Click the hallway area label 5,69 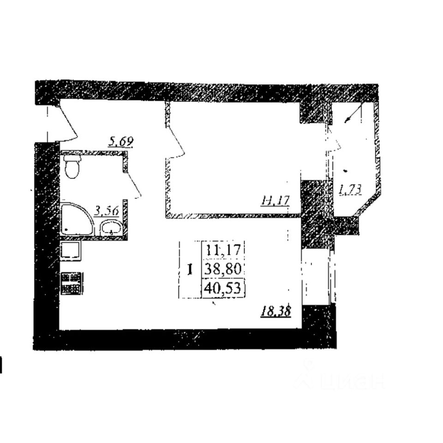coord(121,141)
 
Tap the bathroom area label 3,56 coord(107,211)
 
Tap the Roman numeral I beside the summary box coord(190,269)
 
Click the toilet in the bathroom coord(72,166)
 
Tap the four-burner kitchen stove coord(72,283)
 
